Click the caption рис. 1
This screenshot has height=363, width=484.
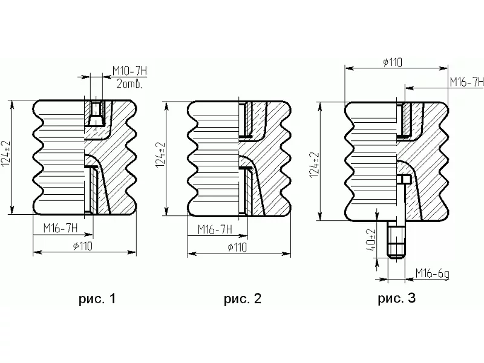[97, 299]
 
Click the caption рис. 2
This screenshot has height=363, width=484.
[243, 299]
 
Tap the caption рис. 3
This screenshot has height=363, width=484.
[397, 298]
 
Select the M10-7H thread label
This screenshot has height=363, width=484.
[129, 71]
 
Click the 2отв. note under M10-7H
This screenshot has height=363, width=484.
[129, 84]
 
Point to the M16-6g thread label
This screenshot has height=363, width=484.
[432, 273]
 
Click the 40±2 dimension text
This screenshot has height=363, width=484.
[371, 240]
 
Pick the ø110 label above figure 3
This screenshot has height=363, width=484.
[393, 62]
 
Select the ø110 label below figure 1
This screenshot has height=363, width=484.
[83, 246]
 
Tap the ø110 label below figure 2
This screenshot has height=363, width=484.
[237, 247]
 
